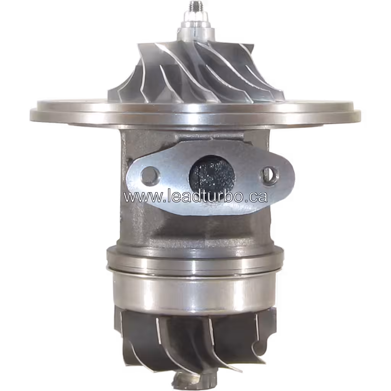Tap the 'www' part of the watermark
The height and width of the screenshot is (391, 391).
pyautogui.click(x=138, y=197)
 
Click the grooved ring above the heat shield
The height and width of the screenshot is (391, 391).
pyautogui.click(x=195, y=260)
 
